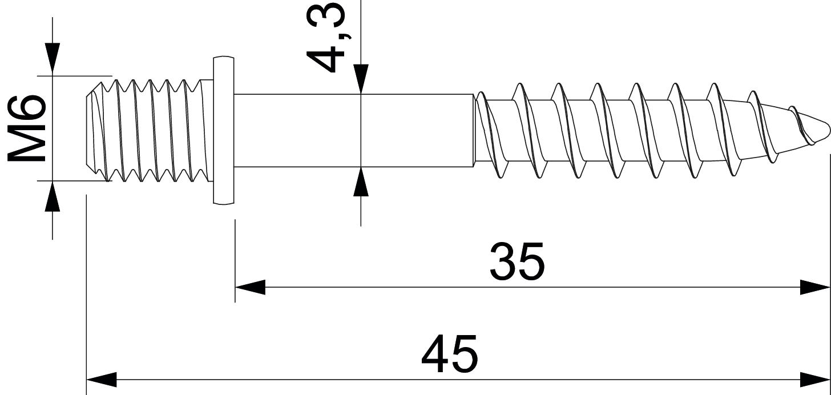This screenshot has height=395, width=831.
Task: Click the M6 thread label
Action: tap(26, 128)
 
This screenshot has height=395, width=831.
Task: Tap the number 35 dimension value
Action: tap(517, 262)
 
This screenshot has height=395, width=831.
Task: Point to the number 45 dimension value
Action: tap(449, 354)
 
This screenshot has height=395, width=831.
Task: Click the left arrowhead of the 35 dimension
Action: tap(250, 287)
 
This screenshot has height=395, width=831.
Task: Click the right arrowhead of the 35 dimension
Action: tap(815, 287)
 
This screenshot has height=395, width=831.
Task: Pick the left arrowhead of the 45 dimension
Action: tap(101, 379)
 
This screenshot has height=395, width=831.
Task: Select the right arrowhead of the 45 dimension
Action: tap(815, 379)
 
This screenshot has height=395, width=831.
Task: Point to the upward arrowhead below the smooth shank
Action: tap(361, 182)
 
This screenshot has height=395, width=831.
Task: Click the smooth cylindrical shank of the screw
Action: tap(354, 130)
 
